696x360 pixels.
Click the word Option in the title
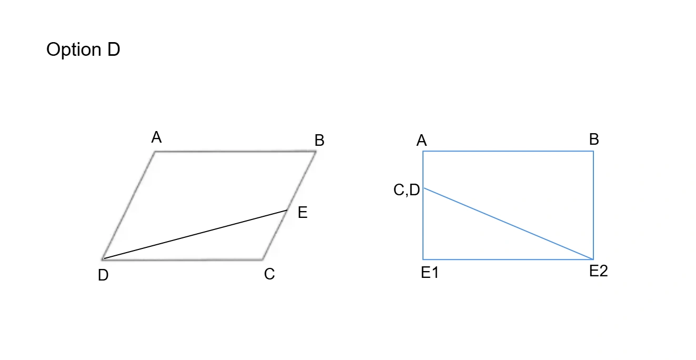tap(74, 49)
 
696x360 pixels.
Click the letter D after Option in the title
tap(114, 49)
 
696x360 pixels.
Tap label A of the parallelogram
tap(156, 137)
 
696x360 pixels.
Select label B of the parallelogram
tap(319, 140)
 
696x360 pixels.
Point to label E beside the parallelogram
tap(302, 212)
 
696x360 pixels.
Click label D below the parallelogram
tap(103, 275)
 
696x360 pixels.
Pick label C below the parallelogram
tap(269, 274)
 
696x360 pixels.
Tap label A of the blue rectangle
tap(421, 140)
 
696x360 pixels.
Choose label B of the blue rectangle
tap(594, 139)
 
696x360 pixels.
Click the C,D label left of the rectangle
tap(407, 189)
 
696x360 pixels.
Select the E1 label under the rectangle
tap(430, 273)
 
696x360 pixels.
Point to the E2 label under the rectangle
tap(599, 271)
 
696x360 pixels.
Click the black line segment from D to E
tap(195, 234)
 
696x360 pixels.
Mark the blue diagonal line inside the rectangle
tap(509, 224)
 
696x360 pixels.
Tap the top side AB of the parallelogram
tap(235, 152)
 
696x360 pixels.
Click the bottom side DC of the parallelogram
tap(183, 259)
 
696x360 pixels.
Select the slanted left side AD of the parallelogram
tap(128, 205)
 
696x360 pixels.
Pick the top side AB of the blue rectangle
tap(508, 152)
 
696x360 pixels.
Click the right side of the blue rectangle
tap(593, 205)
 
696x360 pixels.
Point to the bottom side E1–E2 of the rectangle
tap(508, 259)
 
